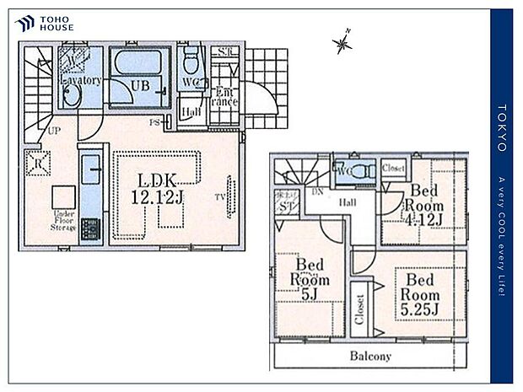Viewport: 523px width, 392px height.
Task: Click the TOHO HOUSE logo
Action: (45, 23)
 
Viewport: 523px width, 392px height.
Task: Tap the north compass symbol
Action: (342, 42)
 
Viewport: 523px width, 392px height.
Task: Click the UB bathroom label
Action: (136, 85)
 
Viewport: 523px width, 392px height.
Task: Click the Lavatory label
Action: (82, 81)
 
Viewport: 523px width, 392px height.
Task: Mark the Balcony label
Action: (370, 356)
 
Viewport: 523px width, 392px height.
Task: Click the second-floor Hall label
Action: (346, 202)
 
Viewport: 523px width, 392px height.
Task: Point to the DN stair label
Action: (318, 192)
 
